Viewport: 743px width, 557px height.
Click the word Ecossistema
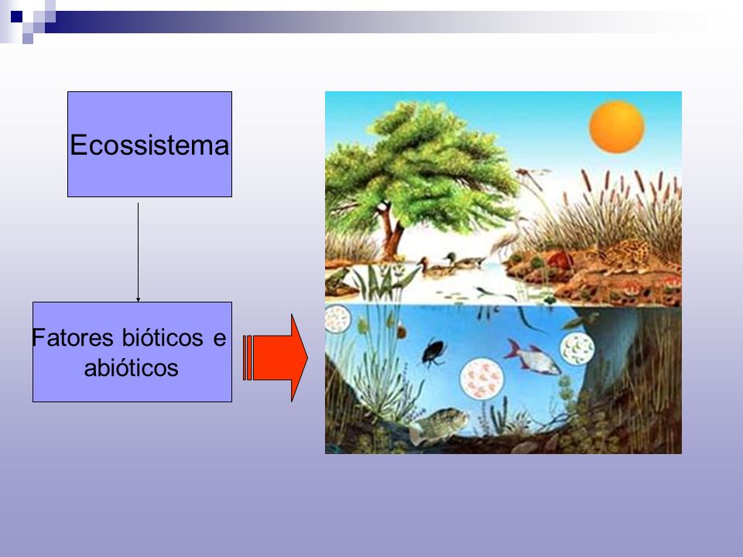pyautogui.click(x=149, y=145)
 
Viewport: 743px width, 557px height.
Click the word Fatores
pyautogui.click(x=73, y=338)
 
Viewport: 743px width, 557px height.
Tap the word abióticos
pyautogui.click(x=132, y=367)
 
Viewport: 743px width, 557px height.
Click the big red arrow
pyautogui.click(x=276, y=357)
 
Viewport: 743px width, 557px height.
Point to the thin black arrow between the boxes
pyautogui.click(x=138, y=252)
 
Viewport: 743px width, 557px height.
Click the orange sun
pyautogui.click(x=617, y=127)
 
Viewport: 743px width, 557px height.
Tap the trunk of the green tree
pyautogui.click(x=390, y=232)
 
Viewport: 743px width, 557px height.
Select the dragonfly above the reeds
pyautogui.click(x=533, y=176)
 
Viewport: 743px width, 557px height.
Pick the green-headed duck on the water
pyautogui.click(x=465, y=260)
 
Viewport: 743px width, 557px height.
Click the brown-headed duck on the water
pyautogui.click(x=434, y=268)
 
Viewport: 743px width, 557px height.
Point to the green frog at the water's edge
pyautogui.click(x=338, y=282)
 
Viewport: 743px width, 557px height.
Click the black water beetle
pyautogui.click(x=433, y=352)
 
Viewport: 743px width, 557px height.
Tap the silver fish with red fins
pyautogui.click(x=532, y=357)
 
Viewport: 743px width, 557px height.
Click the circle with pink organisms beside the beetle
pyautogui.click(x=481, y=378)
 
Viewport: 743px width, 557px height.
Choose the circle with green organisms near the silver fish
pyautogui.click(x=577, y=349)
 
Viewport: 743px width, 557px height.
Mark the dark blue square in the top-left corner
pyautogui.click(x=16, y=16)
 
